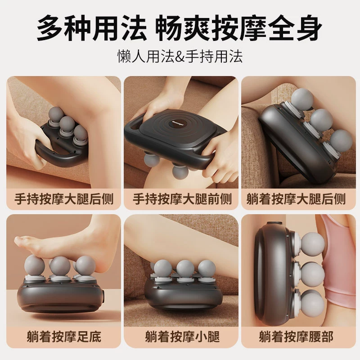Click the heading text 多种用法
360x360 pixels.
click(x=92, y=27)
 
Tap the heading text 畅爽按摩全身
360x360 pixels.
click(x=239, y=27)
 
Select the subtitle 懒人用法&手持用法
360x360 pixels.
click(x=180, y=56)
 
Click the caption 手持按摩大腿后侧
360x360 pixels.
click(x=64, y=199)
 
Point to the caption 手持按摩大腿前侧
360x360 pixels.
click(x=182, y=199)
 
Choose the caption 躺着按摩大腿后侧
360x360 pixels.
click(x=296, y=199)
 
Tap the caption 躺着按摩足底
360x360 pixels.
click(x=64, y=337)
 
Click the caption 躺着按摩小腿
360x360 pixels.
click(x=182, y=337)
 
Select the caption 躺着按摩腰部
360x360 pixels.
click(x=296, y=337)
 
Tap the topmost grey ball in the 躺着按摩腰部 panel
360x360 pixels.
click(x=313, y=243)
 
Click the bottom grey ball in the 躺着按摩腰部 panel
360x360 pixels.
click(x=312, y=301)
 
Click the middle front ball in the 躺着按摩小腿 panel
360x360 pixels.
click(x=185, y=269)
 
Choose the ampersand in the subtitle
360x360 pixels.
click(x=180, y=57)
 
